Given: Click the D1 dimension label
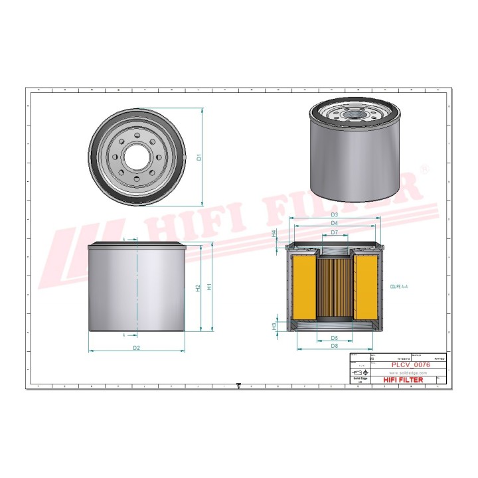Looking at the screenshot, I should [x=199, y=157].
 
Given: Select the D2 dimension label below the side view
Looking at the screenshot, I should [x=136, y=347].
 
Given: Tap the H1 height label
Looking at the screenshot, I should [x=210, y=287].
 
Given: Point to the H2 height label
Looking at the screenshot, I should [x=198, y=288].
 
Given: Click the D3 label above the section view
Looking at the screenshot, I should [x=335, y=214].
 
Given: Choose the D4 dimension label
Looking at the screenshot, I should [x=335, y=224].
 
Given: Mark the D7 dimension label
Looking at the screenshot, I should [x=335, y=232].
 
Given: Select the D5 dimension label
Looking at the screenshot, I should [x=335, y=338].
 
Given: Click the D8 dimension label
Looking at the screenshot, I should [x=335, y=347].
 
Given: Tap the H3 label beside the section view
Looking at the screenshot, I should [x=274, y=325].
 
